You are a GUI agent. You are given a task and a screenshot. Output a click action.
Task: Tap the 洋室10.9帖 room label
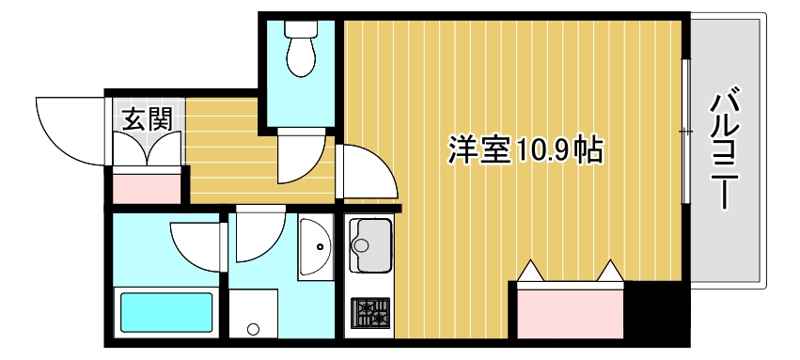point(525,150)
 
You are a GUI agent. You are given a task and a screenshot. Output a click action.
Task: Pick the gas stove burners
point(369,311)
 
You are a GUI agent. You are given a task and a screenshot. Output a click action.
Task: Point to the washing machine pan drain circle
point(252,329)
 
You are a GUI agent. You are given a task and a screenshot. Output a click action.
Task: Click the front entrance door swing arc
point(66,127)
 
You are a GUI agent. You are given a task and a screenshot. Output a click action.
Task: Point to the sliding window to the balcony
point(685,132)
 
